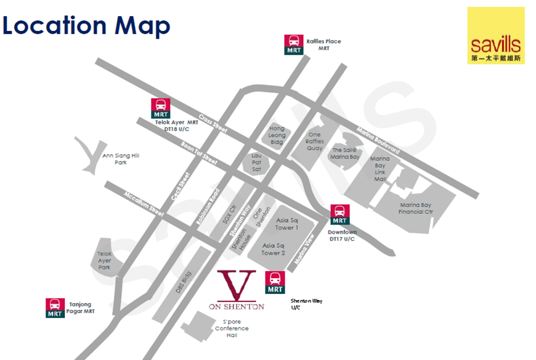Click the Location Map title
[x=86, y=25]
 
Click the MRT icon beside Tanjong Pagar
[x=55, y=308]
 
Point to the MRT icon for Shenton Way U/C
[x=275, y=282]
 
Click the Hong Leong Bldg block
[x=277, y=136]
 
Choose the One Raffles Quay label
[x=314, y=141]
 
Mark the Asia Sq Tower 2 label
[x=273, y=249]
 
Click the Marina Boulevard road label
[x=378, y=141]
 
